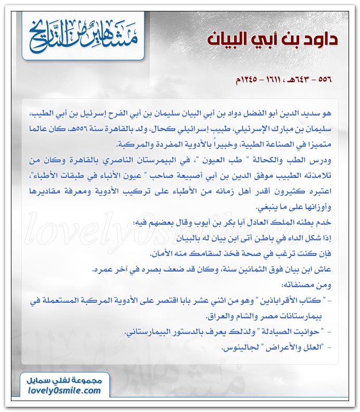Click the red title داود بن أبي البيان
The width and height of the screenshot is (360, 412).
[273, 40]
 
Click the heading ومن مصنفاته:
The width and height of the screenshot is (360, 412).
[306, 285]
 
